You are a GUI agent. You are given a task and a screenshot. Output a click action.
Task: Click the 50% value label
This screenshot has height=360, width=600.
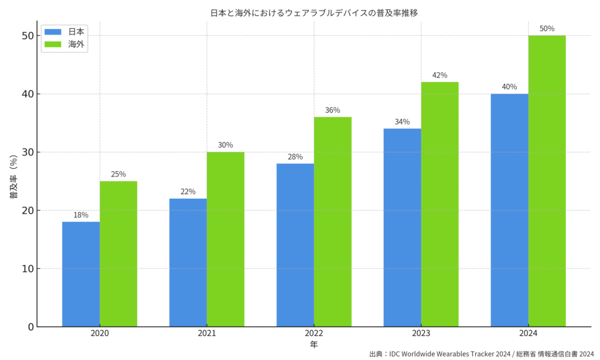click(547, 28)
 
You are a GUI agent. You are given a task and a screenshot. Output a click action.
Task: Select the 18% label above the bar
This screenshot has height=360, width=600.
click(81, 215)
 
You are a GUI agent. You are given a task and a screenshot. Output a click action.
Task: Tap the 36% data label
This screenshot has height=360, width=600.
click(332, 110)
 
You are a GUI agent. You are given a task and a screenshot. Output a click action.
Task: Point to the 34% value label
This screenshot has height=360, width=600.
click(402, 122)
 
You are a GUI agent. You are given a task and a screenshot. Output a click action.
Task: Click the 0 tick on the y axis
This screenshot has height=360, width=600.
click(30, 327)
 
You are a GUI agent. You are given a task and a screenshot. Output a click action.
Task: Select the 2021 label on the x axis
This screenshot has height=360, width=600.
click(206, 334)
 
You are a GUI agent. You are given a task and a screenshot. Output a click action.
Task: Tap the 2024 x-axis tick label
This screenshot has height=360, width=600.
click(528, 334)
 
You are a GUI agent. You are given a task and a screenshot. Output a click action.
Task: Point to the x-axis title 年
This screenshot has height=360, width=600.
click(313, 344)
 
